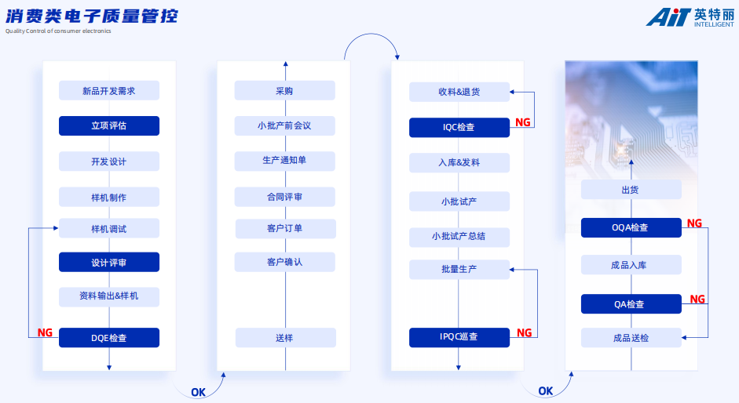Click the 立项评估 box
click(x=109, y=125)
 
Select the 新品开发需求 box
click(x=109, y=91)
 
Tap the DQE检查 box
click(x=109, y=338)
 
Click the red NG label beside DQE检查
click(x=45, y=332)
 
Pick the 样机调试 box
click(x=109, y=229)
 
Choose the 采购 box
click(x=284, y=91)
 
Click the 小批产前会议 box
click(x=284, y=125)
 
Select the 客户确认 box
click(x=284, y=262)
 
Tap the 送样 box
click(x=284, y=338)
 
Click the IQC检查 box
click(x=459, y=127)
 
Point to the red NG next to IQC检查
click(x=523, y=122)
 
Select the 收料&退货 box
click(x=459, y=92)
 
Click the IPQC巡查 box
click(x=459, y=337)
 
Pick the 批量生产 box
click(x=459, y=270)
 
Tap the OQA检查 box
click(x=631, y=227)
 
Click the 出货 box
click(x=631, y=190)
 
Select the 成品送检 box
click(x=631, y=338)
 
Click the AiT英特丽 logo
click(x=690, y=17)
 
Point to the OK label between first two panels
click(x=198, y=392)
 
